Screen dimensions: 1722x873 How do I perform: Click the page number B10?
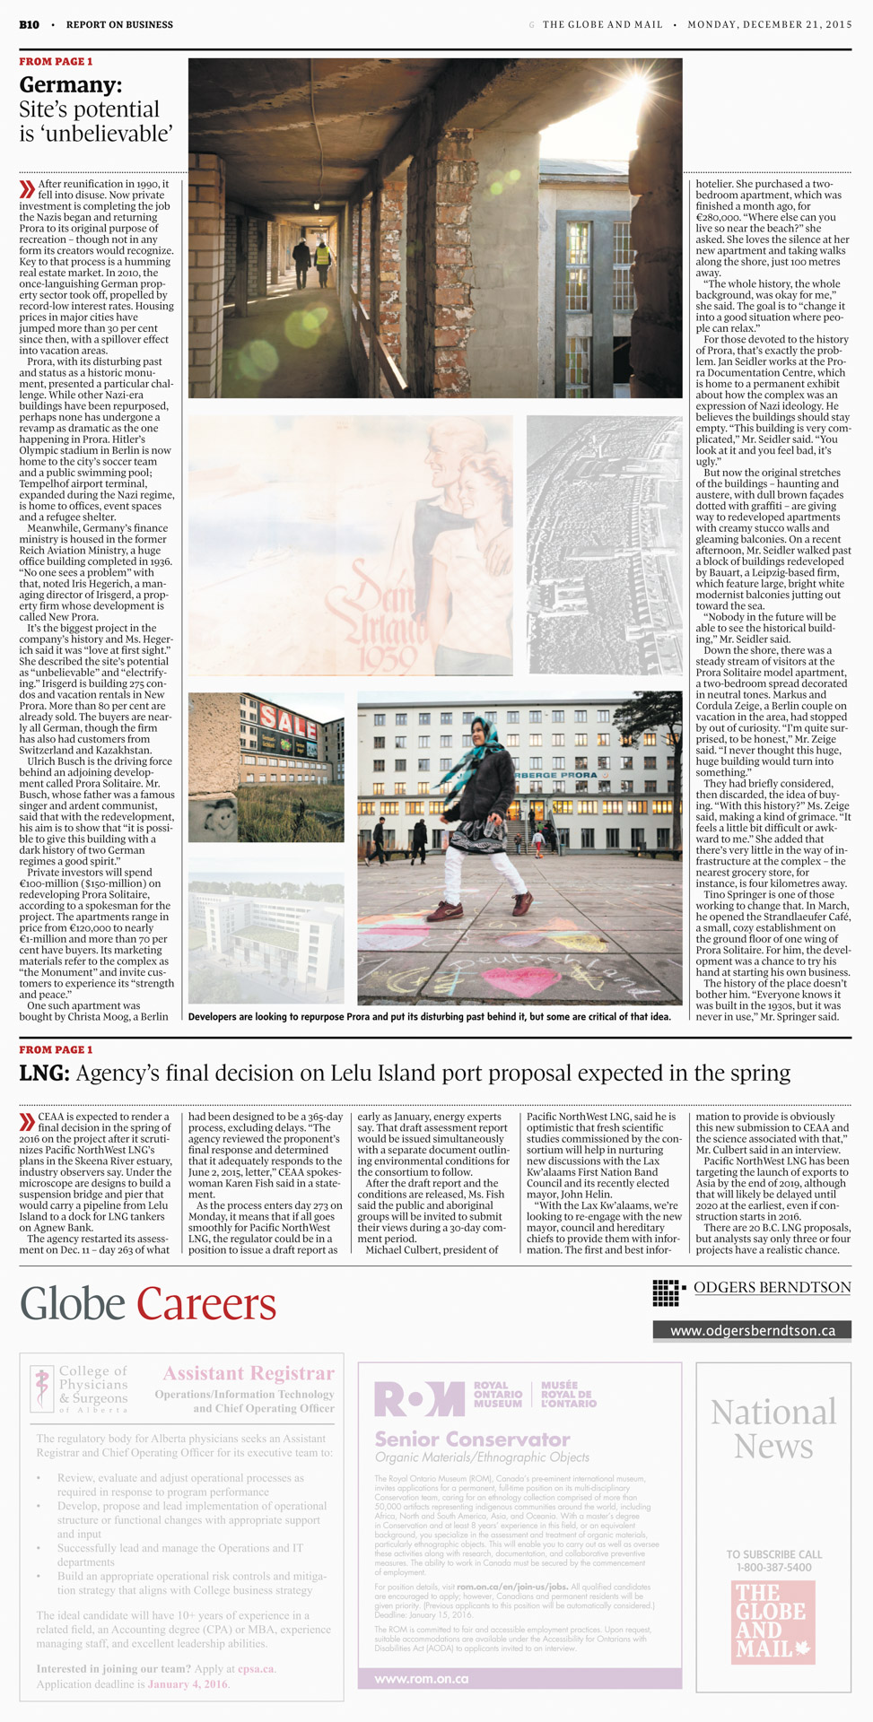29,25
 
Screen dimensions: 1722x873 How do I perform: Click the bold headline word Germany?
71,85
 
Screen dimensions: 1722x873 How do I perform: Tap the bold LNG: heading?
44,1073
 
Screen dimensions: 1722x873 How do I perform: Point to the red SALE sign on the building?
288,718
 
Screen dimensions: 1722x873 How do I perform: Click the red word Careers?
206,1304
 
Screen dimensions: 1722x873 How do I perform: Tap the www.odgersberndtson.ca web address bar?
752,1331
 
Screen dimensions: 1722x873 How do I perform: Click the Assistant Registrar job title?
249,1373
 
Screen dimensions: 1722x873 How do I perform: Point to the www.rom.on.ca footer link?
422,1678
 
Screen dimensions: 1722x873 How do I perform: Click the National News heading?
773,1429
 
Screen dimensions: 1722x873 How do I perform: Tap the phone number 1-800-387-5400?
773,1568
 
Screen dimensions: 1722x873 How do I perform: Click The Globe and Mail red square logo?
773,1622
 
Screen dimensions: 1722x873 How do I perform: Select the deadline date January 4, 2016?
188,1684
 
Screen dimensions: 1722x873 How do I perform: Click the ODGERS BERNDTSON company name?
772,1288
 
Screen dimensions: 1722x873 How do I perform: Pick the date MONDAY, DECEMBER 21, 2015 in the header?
769,25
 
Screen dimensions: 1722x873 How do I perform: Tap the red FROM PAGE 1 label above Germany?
56,62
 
